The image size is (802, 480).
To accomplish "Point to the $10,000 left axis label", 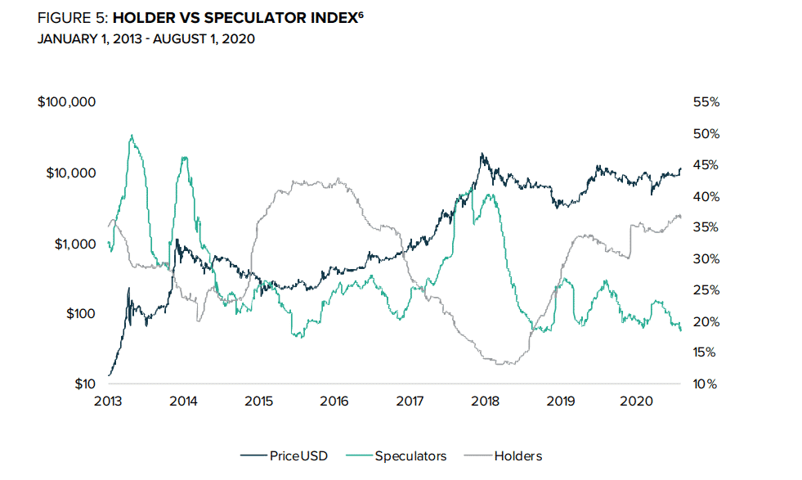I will (x=71, y=173).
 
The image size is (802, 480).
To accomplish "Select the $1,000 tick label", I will (x=74, y=243).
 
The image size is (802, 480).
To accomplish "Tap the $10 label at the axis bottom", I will (x=84, y=384).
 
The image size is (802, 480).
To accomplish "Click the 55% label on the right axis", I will (x=705, y=102).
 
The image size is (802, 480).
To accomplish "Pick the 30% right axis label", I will (x=705, y=258).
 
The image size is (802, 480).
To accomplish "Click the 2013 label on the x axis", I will (x=109, y=401).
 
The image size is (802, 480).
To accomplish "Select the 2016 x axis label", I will (x=334, y=401).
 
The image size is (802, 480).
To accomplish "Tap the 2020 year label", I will (x=636, y=401).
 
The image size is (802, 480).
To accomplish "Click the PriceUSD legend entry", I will (x=298, y=455).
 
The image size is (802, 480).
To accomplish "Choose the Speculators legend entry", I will (x=411, y=455).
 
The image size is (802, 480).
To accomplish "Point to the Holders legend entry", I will (x=517, y=455).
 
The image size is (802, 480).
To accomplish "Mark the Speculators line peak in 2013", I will (x=132, y=136).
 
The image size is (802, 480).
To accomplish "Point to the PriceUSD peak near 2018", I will (x=482, y=154).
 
